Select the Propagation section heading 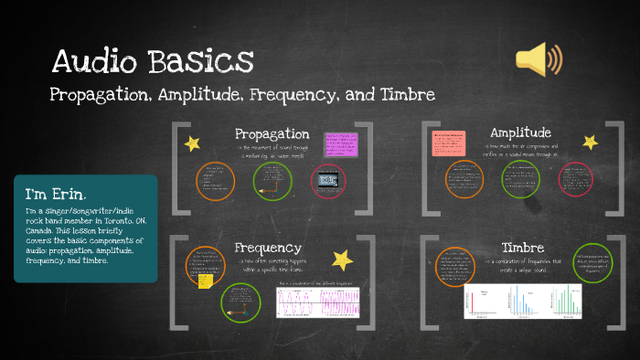coord(272,134)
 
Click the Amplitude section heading coord(520,132)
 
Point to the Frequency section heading coord(268,248)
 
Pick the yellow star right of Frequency coord(342,259)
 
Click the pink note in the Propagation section coord(343,144)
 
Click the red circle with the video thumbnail coord(329,180)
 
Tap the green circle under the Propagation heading coord(272,180)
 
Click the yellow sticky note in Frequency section coord(205,281)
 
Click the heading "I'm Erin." coord(57,195)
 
